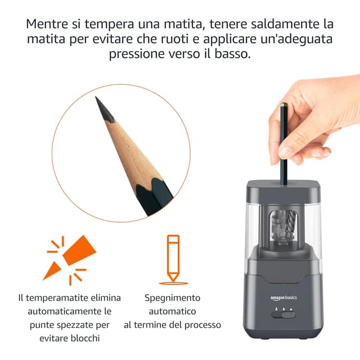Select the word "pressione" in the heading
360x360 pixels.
pos(139,55)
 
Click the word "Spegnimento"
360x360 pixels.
pos(172,298)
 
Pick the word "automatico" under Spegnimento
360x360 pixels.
pos(172,311)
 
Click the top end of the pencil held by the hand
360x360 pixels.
pos(283,105)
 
